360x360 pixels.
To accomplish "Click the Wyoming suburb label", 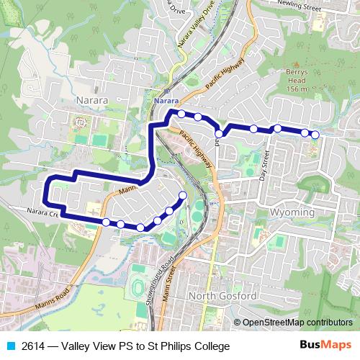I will tap(294, 213).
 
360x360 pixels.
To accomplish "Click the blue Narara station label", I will tap(166, 102).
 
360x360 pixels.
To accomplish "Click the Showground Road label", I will tap(154, 286).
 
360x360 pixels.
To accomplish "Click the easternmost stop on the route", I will tap(315, 135).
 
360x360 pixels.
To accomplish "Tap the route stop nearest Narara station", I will tap(181, 114).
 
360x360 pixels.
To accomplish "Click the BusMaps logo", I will tap(325, 346).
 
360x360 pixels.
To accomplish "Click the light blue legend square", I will tap(10, 346).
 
